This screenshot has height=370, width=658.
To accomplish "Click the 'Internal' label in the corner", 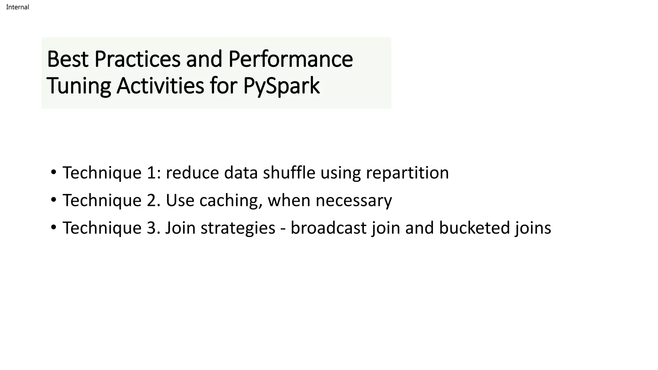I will click(x=17, y=7).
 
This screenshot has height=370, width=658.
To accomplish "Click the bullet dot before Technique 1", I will click(x=54, y=172).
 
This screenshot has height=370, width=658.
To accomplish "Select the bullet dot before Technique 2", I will click(x=54, y=200).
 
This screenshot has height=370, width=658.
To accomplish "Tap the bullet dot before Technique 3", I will click(x=54, y=227).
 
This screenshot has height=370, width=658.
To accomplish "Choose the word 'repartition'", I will click(x=407, y=173).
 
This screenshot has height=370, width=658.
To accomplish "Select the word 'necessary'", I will click(x=354, y=201).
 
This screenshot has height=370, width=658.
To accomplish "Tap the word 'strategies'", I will click(x=238, y=228).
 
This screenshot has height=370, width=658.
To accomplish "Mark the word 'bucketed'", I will click(x=474, y=228).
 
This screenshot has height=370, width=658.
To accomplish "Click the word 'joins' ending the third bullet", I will click(x=533, y=228).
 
